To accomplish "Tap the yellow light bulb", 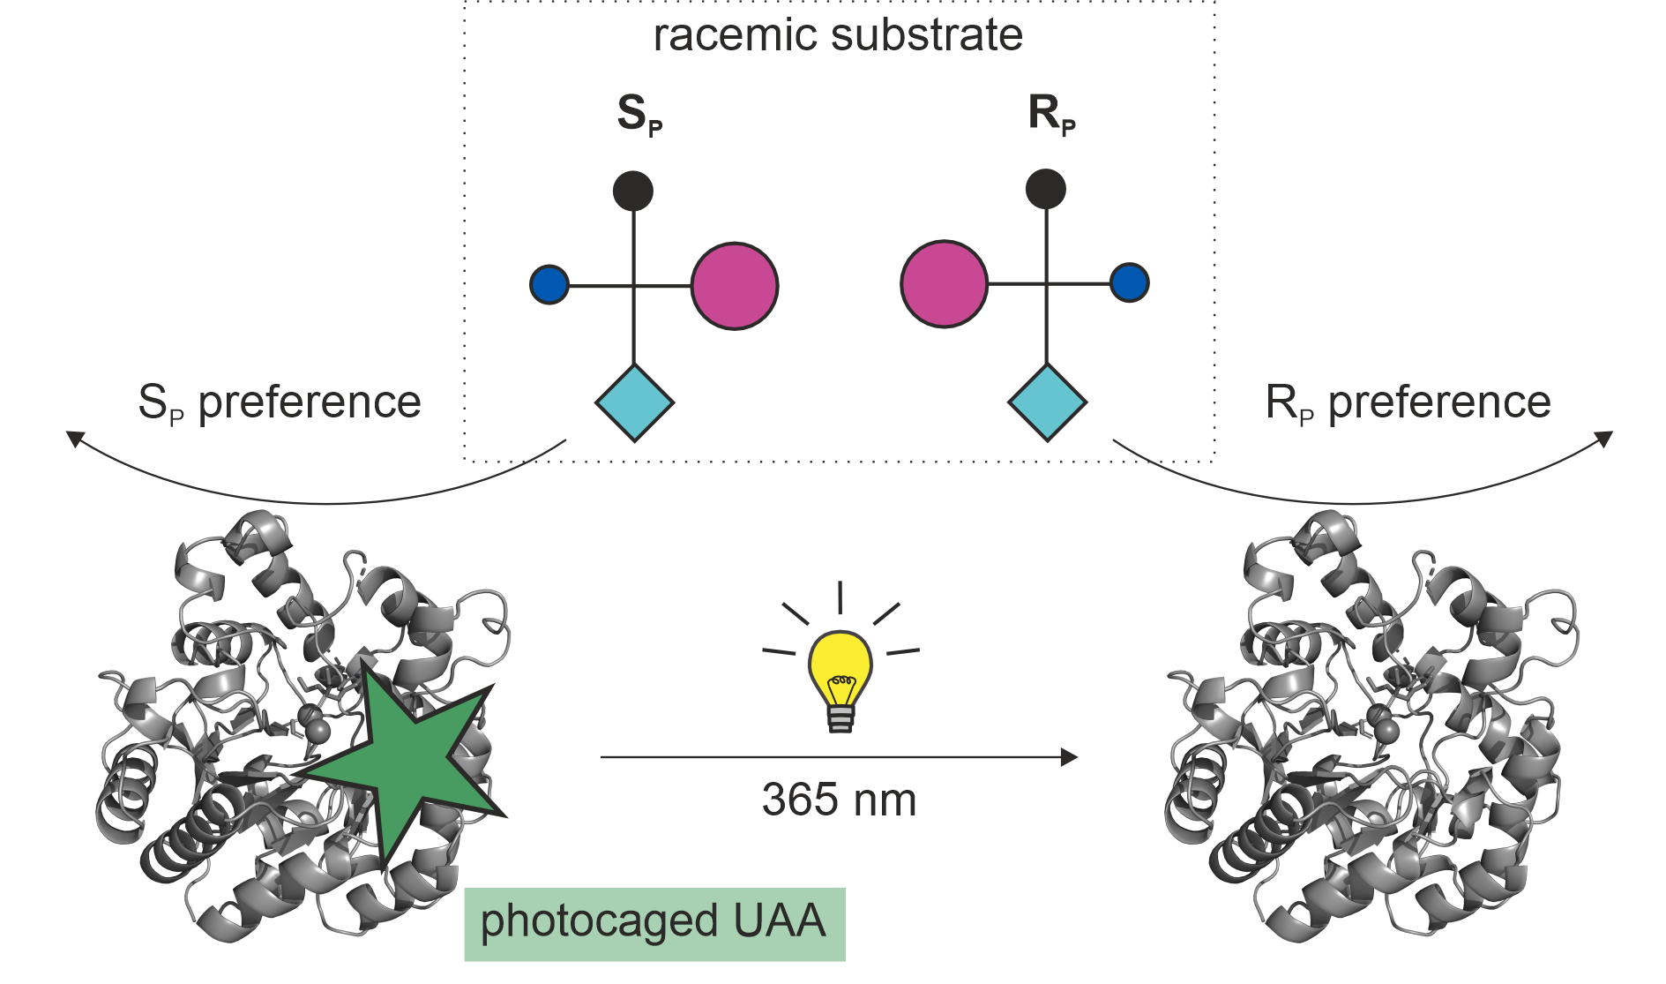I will [840, 671].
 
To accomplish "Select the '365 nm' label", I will [839, 800].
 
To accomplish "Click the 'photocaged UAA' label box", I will [654, 923].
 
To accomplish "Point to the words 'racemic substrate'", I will [838, 35].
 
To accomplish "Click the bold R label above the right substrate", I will [1045, 113].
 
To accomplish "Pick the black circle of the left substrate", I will [633, 191].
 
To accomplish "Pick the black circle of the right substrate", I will [1046, 189].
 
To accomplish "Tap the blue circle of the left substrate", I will [549, 285].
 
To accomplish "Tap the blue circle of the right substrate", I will [1130, 283].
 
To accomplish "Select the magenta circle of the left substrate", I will [735, 286].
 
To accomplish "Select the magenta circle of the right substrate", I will [944, 284].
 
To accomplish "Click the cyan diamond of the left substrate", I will [635, 403].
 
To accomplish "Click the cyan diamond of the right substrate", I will [1047, 402].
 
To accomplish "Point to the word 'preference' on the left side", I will [310, 402].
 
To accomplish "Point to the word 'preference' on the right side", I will [1439, 402].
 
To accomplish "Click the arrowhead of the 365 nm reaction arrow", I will [1070, 757].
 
